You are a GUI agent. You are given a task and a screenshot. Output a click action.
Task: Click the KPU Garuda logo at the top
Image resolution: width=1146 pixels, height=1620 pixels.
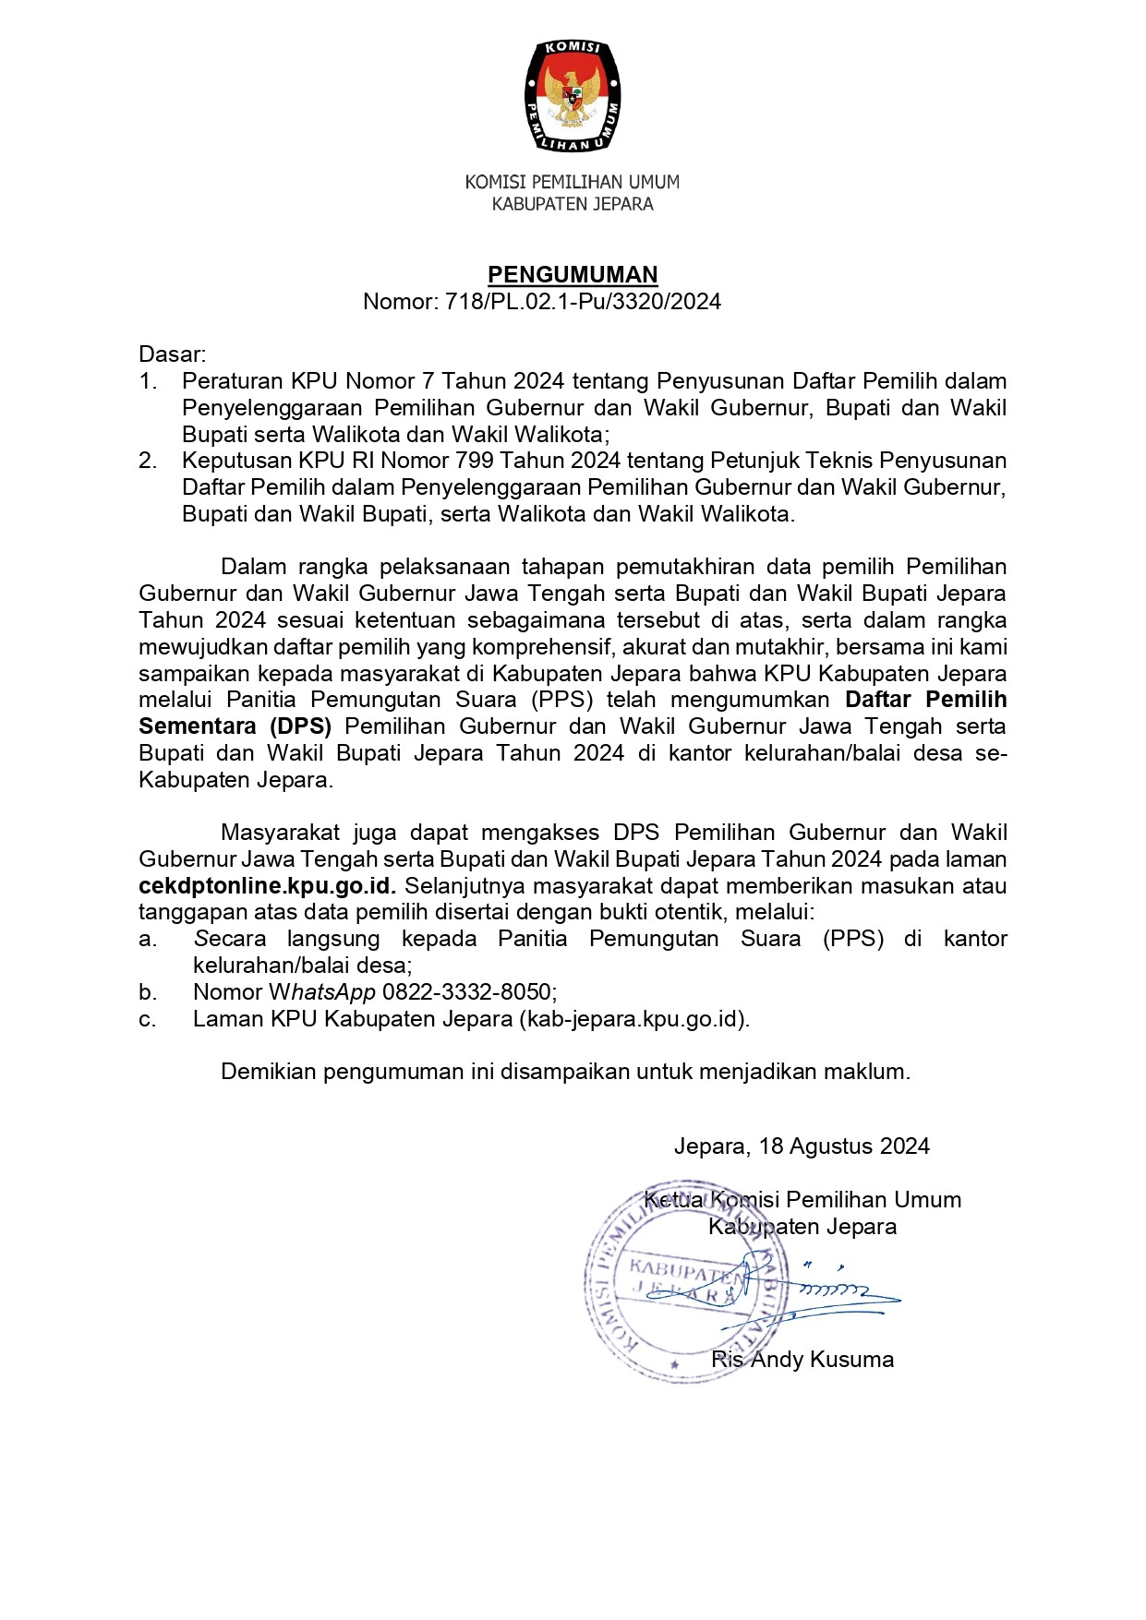click(x=573, y=95)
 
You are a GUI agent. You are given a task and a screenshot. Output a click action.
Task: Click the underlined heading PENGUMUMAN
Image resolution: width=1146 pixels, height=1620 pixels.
click(x=573, y=274)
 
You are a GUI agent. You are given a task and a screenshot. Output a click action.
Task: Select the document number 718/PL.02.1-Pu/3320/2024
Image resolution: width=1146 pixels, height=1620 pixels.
click(x=583, y=302)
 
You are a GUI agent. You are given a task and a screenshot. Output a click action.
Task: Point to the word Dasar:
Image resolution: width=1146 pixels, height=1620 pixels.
click(x=173, y=354)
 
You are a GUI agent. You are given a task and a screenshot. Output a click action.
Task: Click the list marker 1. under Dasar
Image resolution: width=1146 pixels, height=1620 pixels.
click(x=148, y=381)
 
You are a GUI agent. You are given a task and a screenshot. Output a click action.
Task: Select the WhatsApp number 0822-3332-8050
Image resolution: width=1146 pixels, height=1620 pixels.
click(x=468, y=992)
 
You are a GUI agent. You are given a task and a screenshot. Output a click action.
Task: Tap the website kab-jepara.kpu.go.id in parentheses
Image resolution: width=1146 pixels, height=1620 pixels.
click(x=633, y=1019)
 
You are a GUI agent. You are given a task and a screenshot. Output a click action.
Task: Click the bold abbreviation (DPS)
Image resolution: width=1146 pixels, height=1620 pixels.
click(x=300, y=726)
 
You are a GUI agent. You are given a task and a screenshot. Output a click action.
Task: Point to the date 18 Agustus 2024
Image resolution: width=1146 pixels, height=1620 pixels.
click(x=844, y=1146)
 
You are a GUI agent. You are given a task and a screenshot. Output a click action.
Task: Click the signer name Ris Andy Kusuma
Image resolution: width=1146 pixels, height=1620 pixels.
click(x=802, y=1360)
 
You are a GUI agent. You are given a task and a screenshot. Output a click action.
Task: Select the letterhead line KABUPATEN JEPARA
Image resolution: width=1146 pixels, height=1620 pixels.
click(x=573, y=204)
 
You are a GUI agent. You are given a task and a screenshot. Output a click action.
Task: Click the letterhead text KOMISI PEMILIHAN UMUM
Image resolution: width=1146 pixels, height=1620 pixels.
click(x=573, y=183)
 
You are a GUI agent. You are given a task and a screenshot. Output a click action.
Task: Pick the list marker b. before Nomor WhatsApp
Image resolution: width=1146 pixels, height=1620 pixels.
click(x=148, y=992)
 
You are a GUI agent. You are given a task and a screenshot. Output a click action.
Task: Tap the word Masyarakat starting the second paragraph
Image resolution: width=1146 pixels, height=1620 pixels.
click(x=281, y=833)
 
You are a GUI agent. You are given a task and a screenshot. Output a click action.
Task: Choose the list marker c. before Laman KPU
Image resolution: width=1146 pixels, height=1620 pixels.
click(x=148, y=1019)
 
